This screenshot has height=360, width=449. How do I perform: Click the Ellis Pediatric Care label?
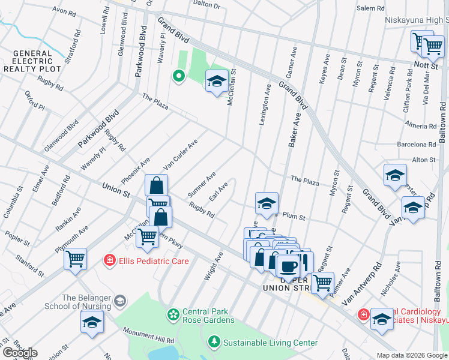(154, 261)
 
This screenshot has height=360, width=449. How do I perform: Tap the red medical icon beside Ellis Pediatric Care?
(109, 260)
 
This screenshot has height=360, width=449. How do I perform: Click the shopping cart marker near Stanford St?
(76, 259)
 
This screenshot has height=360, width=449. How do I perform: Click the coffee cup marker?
(288, 266)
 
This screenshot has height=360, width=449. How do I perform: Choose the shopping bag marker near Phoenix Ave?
(156, 185)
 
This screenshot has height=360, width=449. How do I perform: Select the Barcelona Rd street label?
(416, 145)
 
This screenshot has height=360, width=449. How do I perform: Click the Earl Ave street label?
(218, 193)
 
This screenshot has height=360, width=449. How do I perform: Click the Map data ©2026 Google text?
(411, 355)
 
